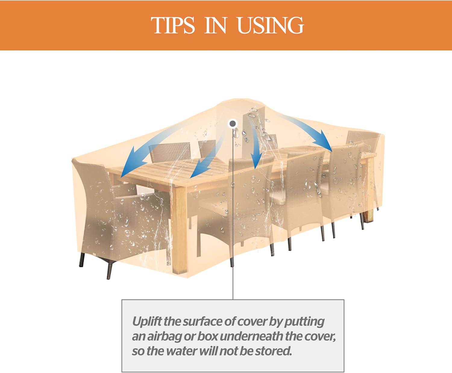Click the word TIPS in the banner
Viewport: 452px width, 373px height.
(x=173, y=25)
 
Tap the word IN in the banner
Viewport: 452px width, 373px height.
(x=216, y=25)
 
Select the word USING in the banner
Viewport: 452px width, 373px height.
(x=270, y=25)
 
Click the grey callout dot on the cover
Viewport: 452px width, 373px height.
(x=233, y=124)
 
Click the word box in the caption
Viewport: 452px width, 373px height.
(x=207, y=336)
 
